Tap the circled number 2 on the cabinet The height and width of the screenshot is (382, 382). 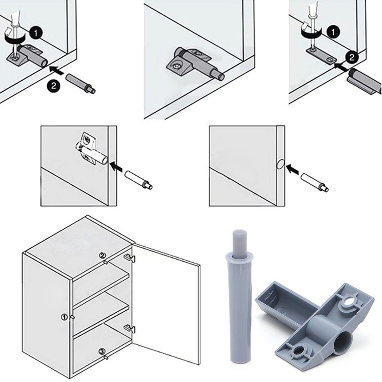102,255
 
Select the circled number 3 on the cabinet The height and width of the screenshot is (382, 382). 102,352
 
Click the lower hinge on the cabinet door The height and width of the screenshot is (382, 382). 128,329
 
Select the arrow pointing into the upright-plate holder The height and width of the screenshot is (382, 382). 117,167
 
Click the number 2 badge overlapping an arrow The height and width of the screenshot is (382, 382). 351,56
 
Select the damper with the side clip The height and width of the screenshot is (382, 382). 365,79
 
